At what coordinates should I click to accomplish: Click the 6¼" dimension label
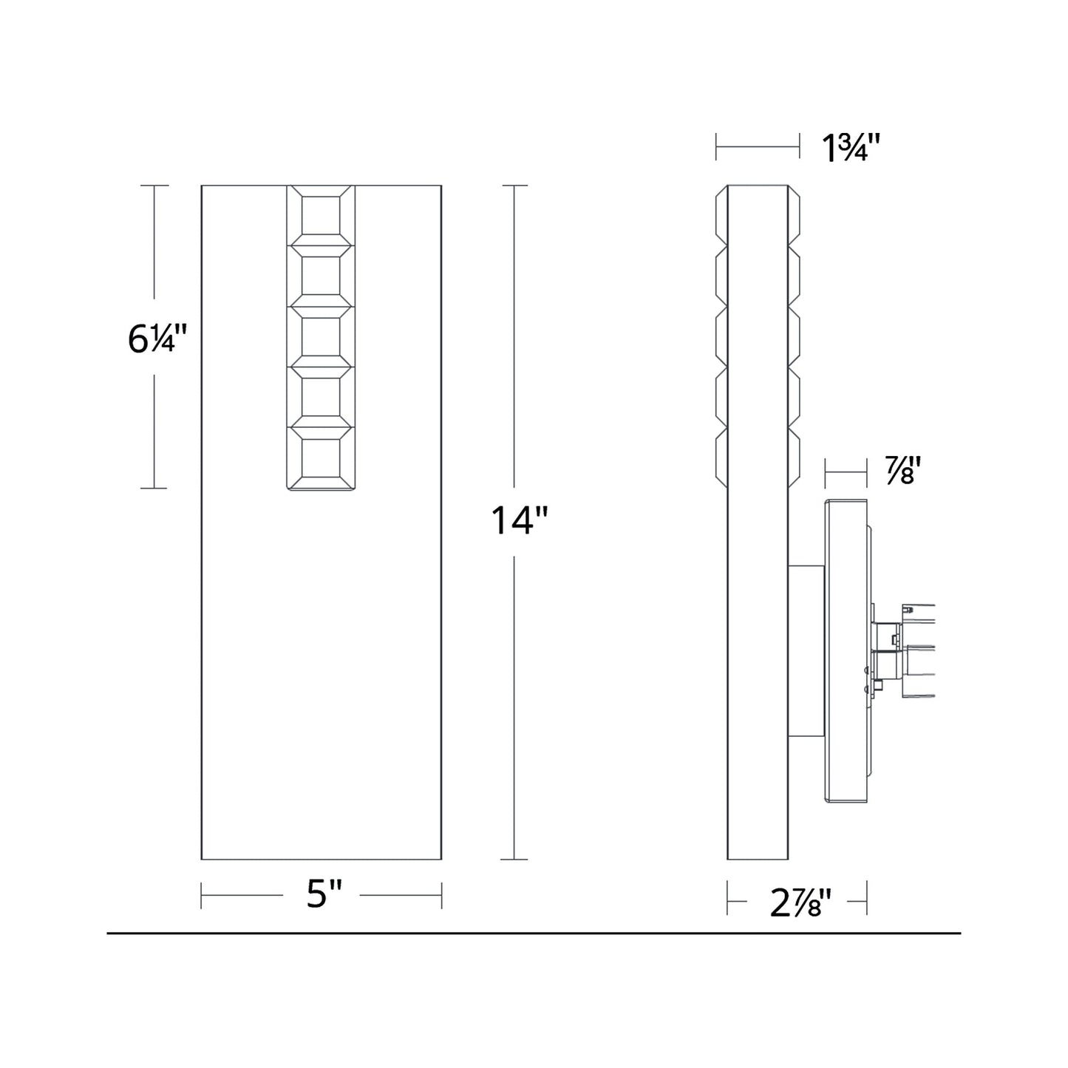pyautogui.click(x=154, y=339)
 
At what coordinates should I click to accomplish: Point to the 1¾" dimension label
pyautogui.click(x=851, y=149)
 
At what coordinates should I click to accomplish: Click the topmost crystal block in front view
pyautogui.click(x=321, y=215)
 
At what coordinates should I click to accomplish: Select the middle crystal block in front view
pyautogui.click(x=321, y=336)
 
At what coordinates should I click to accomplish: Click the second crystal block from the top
pyautogui.click(x=321, y=276)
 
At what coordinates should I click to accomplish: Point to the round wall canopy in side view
pyautogui.click(x=846, y=652)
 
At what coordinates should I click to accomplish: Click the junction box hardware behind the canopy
pyautogui.click(x=905, y=650)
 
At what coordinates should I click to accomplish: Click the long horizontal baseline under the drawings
pyautogui.click(x=534, y=933)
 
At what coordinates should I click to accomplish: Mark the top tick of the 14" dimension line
pyautogui.click(x=514, y=186)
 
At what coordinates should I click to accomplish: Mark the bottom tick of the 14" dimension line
pyautogui.click(x=514, y=860)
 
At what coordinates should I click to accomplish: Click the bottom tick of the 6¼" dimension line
pyautogui.click(x=154, y=489)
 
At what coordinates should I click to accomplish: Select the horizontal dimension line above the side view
pyautogui.click(x=758, y=148)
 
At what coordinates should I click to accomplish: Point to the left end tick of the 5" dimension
pyautogui.click(x=202, y=896)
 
